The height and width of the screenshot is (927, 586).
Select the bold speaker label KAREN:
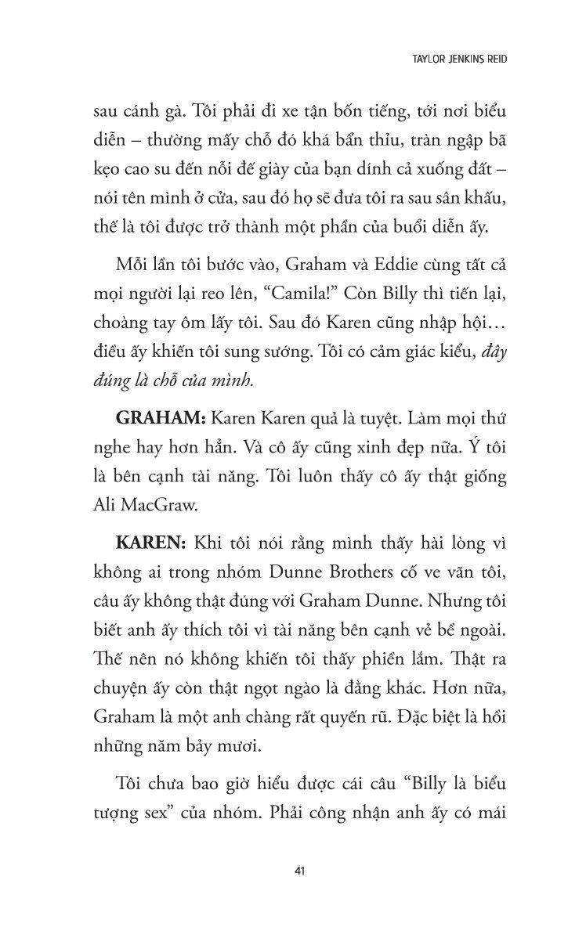[149, 542]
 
